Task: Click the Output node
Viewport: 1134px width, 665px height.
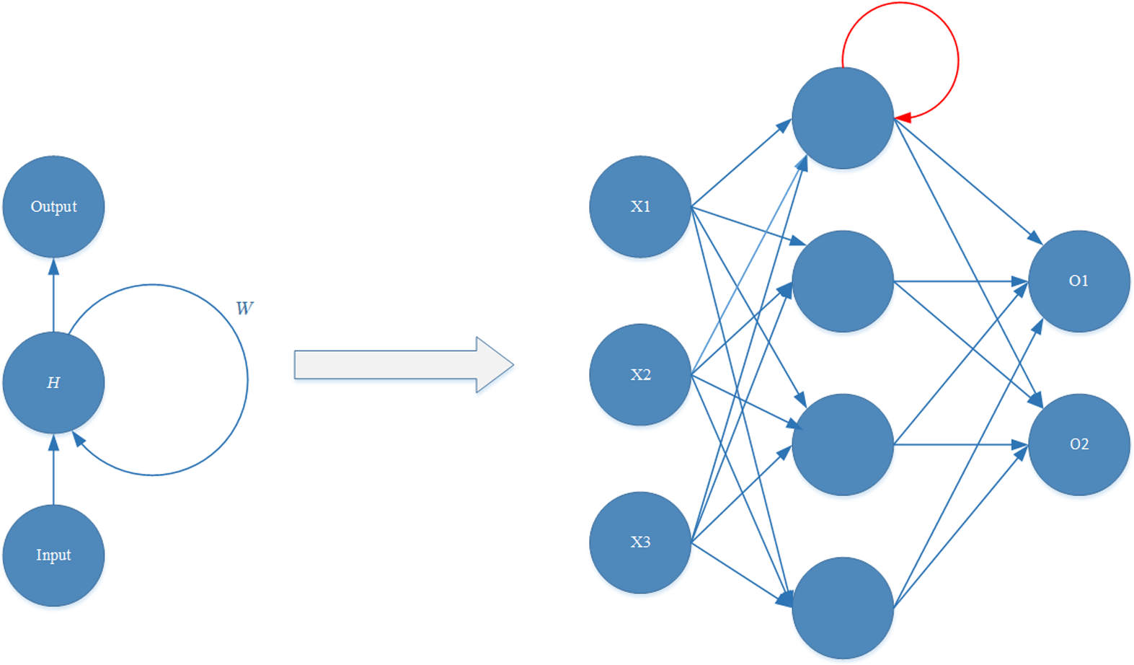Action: (x=53, y=207)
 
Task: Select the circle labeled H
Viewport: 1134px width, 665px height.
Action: (x=53, y=382)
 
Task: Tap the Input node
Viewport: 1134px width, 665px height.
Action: (x=53, y=555)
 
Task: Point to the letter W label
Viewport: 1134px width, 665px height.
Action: (x=244, y=309)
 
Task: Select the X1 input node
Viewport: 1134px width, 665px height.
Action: (x=640, y=207)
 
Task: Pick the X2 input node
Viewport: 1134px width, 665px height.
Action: (x=640, y=374)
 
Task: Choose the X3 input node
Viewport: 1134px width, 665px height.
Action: (x=640, y=542)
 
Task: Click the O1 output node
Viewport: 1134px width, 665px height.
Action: (x=1078, y=281)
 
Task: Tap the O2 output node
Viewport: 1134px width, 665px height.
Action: (x=1078, y=444)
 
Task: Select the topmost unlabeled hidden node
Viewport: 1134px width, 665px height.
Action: (x=843, y=118)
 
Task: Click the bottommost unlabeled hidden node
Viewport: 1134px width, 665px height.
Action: (x=843, y=608)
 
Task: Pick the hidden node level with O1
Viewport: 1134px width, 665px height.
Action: (x=843, y=281)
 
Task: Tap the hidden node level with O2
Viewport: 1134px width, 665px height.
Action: (x=843, y=444)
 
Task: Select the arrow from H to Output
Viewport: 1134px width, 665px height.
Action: (x=53, y=296)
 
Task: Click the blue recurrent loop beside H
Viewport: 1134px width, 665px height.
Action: (x=247, y=379)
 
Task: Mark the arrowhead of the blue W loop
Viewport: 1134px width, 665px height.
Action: (x=79, y=439)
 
